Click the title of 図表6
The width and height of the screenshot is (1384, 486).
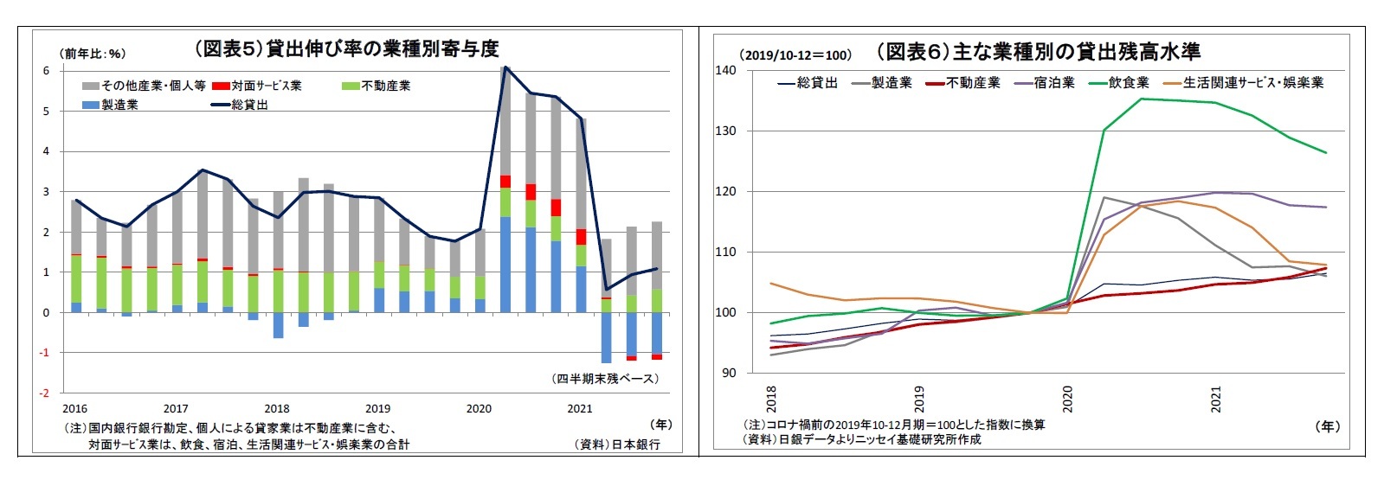pos(1038,52)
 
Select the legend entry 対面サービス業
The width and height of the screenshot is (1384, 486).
pos(267,86)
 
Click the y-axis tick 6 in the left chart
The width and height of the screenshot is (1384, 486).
pos(47,71)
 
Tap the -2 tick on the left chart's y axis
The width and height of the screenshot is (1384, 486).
pos(44,393)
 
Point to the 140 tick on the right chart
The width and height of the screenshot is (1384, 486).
pos(725,71)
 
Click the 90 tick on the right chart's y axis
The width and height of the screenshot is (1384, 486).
pos(729,373)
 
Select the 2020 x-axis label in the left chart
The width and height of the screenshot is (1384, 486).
pos(479,409)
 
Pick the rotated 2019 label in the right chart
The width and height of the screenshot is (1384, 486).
pos(919,399)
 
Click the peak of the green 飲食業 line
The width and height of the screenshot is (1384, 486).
pos(1141,99)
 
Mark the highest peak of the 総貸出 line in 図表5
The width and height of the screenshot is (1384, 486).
pos(505,67)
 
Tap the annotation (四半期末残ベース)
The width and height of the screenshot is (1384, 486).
pos(606,379)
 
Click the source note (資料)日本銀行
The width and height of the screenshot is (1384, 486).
pos(616,444)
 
